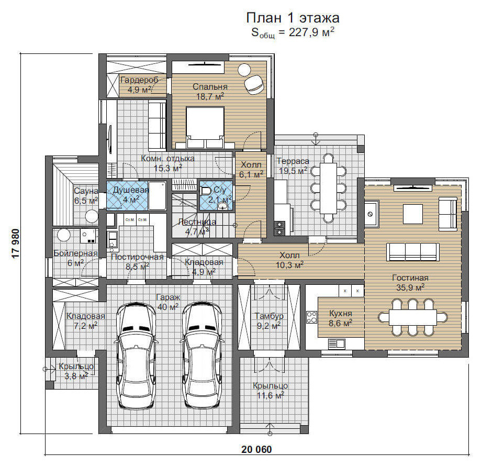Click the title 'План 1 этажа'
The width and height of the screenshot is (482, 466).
coord(293,18)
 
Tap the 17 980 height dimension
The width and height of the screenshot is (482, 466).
coord(16,243)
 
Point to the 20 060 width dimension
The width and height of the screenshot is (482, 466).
coord(256,449)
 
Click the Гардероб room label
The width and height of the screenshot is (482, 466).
coord(139,80)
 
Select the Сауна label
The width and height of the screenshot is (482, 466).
coord(86,191)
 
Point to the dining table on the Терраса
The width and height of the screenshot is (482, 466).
coord(328,188)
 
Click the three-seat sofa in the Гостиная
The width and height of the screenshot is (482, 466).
coord(413,252)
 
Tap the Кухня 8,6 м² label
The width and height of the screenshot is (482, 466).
coord(341,318)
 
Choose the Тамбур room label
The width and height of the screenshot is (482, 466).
coord(269,316)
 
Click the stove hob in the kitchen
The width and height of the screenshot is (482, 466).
coord(311,317)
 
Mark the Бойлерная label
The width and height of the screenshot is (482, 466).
coord(75,253)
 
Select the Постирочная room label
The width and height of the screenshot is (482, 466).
coord(137,257)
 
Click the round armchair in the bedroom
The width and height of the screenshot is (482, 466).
coord(254,84)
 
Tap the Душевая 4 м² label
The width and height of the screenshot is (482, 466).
coord(131,194)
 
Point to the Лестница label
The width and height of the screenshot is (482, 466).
coord(197,221)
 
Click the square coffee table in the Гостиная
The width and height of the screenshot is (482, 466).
coord(413,214)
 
